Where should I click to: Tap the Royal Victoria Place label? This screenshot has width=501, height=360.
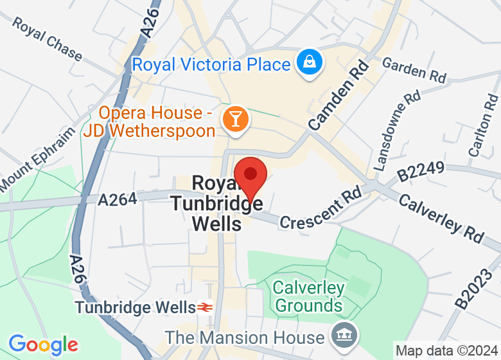211,65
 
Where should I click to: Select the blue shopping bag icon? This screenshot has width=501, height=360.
310,63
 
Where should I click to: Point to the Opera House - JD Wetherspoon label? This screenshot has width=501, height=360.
148,122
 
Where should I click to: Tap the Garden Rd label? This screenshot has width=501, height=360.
414,69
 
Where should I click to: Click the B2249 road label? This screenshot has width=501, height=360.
420,173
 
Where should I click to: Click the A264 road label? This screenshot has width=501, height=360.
118,201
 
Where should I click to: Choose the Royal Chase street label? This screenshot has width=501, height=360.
47,40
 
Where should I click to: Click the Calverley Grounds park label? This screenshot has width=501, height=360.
308,296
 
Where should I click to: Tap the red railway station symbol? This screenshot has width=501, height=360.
206,307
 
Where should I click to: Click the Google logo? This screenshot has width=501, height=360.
43,345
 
